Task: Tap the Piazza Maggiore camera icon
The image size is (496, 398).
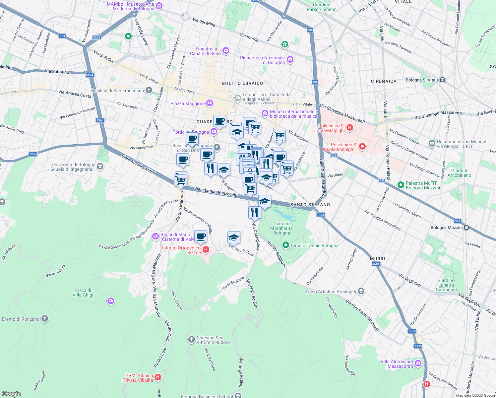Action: point(209,103)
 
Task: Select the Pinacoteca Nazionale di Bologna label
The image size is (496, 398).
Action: point(262,60)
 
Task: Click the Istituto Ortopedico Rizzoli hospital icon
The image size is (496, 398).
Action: point(206,249)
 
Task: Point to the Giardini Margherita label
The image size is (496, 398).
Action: point(281,228)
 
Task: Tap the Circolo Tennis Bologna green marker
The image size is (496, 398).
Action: point(285,245)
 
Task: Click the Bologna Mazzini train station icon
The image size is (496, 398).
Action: point(466,228)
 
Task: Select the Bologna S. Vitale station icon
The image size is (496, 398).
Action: point(442,80)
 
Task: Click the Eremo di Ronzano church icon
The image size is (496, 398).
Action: point(44,319)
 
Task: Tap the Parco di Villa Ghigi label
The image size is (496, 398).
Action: point(83,293)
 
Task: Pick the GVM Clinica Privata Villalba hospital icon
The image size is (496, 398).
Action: point(158,377)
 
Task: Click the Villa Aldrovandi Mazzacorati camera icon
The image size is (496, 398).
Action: point(418,363)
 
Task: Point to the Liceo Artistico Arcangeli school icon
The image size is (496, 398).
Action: point(361,292)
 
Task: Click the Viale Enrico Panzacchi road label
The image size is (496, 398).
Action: point(216,192)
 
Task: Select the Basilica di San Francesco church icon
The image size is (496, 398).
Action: point(149,90)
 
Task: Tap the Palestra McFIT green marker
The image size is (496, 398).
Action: point(401,185)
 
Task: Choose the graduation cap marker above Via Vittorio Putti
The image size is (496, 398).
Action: point(234,237)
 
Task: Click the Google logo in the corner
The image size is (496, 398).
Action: point(11,394)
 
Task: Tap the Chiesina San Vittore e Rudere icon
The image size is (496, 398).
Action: point(191,339)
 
